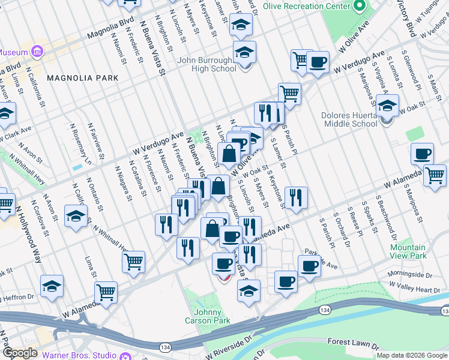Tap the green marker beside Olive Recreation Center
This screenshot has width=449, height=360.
(360, 6)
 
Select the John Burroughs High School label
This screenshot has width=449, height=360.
(206, 65)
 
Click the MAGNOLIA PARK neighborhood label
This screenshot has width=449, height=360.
(82, 78)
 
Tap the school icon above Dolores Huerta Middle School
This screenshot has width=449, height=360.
(388, 107)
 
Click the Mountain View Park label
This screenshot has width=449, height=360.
(408, 251)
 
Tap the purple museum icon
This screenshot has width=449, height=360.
(38, 52)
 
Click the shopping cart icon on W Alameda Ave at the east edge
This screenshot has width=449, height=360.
(435, 175)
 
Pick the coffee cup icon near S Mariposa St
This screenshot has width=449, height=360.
(422, 154)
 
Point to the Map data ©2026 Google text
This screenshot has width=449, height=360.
(412, 355)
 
